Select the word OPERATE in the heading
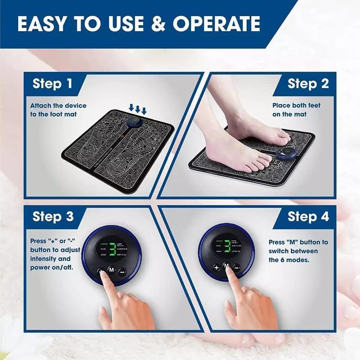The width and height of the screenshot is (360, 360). pyautogui.click(x=216, y=24)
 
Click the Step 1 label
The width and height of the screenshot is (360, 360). pyautogui.click(x=52, y=83)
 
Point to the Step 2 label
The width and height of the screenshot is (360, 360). pyautogui.click(x=308, y=83)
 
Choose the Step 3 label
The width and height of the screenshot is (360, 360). pyautogui.click(x=52, y=217)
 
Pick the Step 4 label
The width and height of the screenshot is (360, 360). pyautogui.click(x=308, y=217)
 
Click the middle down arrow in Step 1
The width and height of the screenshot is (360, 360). pyautogui.click(x=138, y=109)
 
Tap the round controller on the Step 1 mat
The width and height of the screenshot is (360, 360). pyautogui.click(x=133, y=122)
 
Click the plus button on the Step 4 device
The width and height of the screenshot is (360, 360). pyautogui.click(x=216, y=267)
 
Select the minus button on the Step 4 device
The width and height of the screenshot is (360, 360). pyautogui.click(x=237, y=267)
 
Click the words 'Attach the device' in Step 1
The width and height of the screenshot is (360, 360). pyautogui.click(x=58, y=105)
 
